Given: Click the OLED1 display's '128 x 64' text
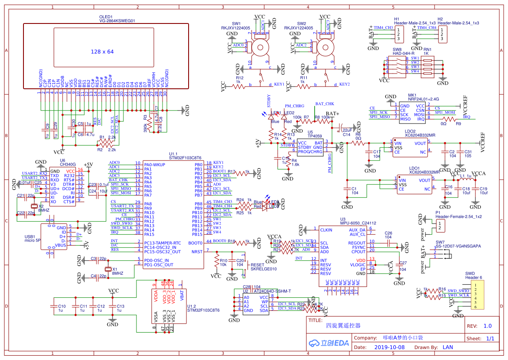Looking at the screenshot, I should click(x=102, y=52).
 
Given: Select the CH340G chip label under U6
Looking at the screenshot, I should click(x=68, y=165).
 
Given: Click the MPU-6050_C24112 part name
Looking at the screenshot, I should click(x=358, y=223).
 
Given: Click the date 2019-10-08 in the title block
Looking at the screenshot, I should click(x=389, y=347).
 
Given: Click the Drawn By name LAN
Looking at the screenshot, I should click(x=448, y=347).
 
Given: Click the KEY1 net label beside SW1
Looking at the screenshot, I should click(x=279, y=84).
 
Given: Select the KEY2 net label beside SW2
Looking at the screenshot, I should click(x=344, y=84).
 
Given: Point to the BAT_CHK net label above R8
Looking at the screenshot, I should click(x=325, y=104).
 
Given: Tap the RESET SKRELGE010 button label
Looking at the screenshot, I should click(x=263, y=267).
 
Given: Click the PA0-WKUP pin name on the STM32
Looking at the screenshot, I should click(x=155, y=164).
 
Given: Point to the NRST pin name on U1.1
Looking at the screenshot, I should click(x=197, y=251).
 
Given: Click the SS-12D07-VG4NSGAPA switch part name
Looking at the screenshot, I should click(x=458, y=246).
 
